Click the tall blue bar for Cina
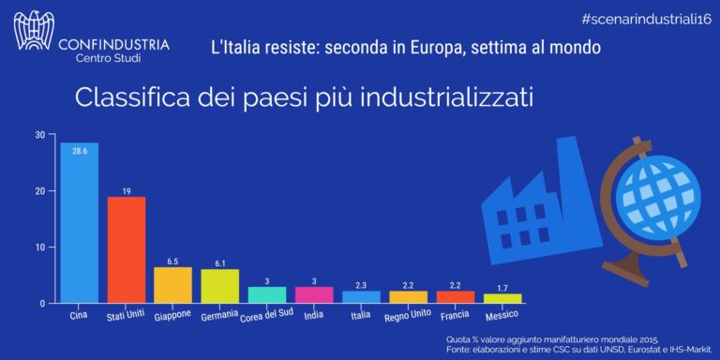pos(79,225)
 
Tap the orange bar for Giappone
pos(172,286)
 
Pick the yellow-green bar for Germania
pos(219,287)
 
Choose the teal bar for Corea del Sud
pos(267,295)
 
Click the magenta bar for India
pos(314,295)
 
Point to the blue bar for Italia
pos(361,297)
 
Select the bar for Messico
pos(502,298)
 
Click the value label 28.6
pos(79,150)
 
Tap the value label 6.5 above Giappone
pos(172,262)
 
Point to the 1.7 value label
pos(502,288)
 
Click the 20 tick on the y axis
pos(39,191)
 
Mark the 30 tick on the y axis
pos(39,135)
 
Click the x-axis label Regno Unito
pos(408,313)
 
